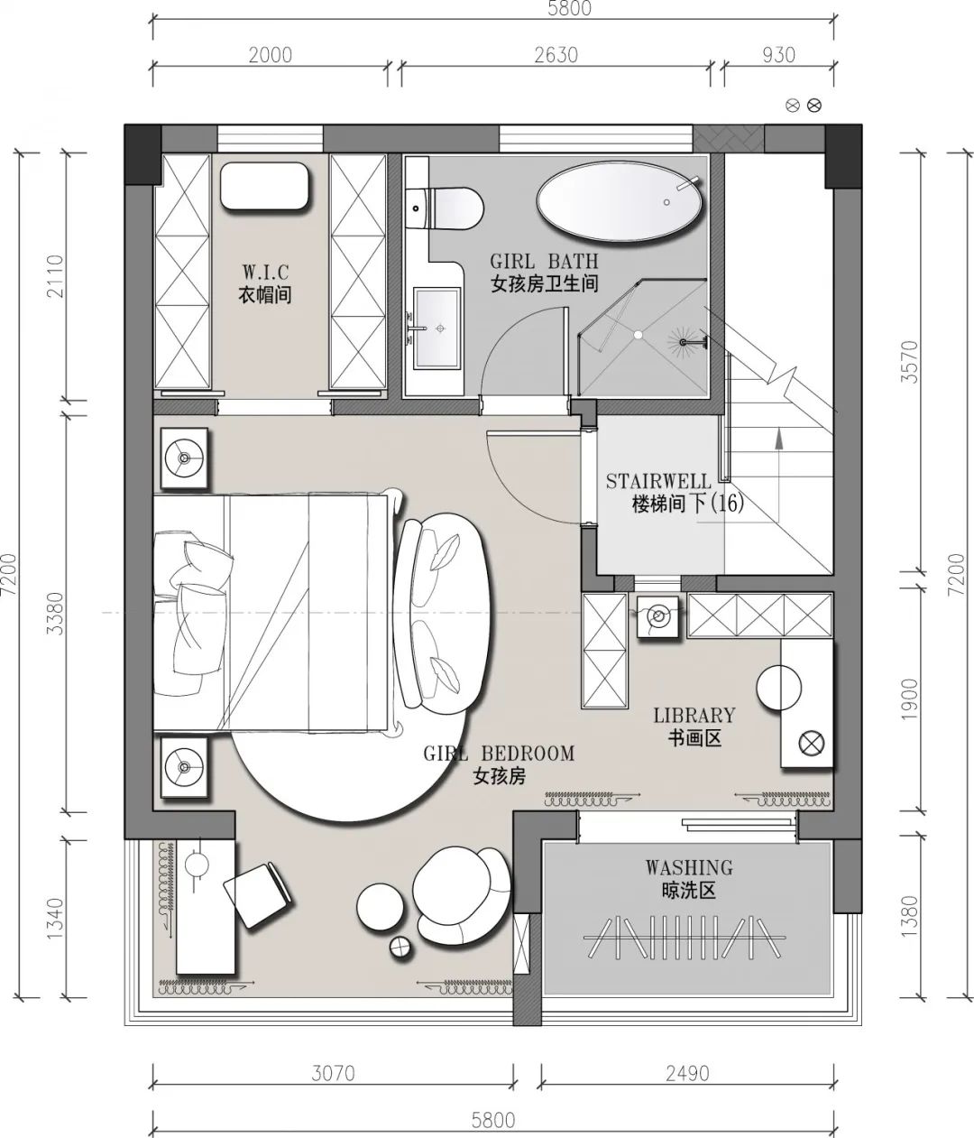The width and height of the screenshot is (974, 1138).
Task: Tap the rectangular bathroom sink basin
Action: click(x=436, y=328)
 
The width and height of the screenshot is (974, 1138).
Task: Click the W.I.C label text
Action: click(x=265, y=272)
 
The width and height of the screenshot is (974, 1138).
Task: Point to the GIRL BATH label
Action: click(x=544, y=261)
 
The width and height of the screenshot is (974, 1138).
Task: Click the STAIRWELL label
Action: click(x=658, y=481)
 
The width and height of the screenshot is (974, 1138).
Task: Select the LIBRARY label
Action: click(x=694, y=715)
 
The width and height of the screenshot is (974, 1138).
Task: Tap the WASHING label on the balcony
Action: click(x=689, y=867)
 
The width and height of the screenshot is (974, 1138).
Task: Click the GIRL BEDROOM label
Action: click(x=499, y=754)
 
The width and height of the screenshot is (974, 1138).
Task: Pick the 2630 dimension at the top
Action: click(x=556, y=55)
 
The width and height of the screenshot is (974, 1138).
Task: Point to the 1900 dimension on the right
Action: click(x=911, y=699)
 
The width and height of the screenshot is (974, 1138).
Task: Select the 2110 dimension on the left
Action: click(x=56, y=276)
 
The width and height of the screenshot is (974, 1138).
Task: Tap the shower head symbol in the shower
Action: click(x=683, y=342)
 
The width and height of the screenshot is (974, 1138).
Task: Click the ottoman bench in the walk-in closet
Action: click(x=264, y=186)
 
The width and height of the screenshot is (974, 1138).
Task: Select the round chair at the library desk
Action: click(x=778, y=688)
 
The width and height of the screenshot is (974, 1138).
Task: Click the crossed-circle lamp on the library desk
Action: click(x=811, y=745)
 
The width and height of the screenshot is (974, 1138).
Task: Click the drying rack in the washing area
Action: click(x=685, y=937)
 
